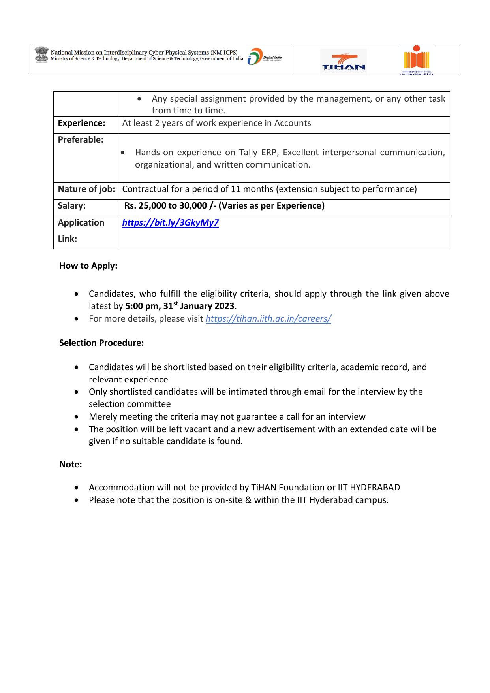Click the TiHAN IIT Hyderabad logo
[x=343, y=62]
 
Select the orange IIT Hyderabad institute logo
[x=416, y=60]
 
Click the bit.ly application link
[x=170, y=223]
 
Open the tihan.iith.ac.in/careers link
[x=268, y=319]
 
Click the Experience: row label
[x=81, y=123]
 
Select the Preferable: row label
[x=81, y=140]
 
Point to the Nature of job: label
[x=86, y=189]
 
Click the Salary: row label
[x=71, y=206]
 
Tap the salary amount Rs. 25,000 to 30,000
[x=166, y=206]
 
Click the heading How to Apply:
[x=88, y=266]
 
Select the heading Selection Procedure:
[x=101, y=343]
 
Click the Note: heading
[x=71, y=465]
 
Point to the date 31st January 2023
[x=199, y=306]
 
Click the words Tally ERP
[x=259, y=153]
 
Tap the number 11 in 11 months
[x=236, y=189]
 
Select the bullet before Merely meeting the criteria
[x=77, y=417]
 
